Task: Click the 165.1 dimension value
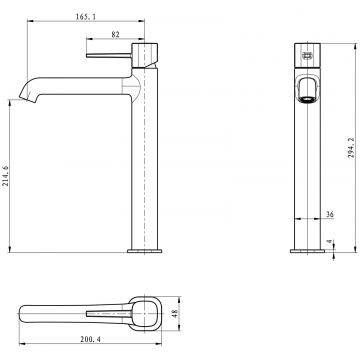click(x=86, y=17)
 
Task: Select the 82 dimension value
click(x=115, y=34)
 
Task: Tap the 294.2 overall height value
click(x=351, y=147)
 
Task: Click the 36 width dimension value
click(x=330, y=215)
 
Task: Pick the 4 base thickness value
click(x=330, y=241)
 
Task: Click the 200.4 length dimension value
click(x=90, y=339)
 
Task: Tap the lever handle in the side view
click(x=109, y=55)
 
